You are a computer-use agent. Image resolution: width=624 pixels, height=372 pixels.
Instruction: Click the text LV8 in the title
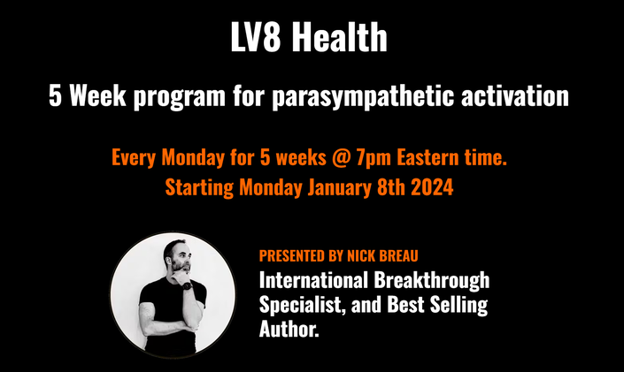coord(256,36)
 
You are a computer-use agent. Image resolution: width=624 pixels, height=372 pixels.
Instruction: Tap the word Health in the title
coord(340,36)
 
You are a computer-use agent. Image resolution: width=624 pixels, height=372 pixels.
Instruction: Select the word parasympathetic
coord(363,96)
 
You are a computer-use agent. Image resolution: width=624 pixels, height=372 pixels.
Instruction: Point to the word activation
coord(515,95)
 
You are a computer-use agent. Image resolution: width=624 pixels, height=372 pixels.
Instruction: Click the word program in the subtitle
coord(180,97)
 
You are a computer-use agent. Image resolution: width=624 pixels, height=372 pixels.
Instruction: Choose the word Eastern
coord(428,157)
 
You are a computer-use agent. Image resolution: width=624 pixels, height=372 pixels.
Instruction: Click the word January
coord(339,187)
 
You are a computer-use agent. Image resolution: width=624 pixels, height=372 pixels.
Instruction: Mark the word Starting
coord(199,188)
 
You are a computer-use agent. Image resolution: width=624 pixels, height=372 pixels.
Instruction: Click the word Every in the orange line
coord(134,158)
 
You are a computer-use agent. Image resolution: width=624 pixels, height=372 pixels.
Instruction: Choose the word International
coord(313,280)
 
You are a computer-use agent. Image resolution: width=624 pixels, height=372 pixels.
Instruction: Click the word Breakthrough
coord(431,281)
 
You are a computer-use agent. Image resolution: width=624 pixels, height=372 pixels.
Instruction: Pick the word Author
coord(289,329)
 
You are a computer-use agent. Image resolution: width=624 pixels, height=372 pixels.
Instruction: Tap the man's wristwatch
coord(188,285)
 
